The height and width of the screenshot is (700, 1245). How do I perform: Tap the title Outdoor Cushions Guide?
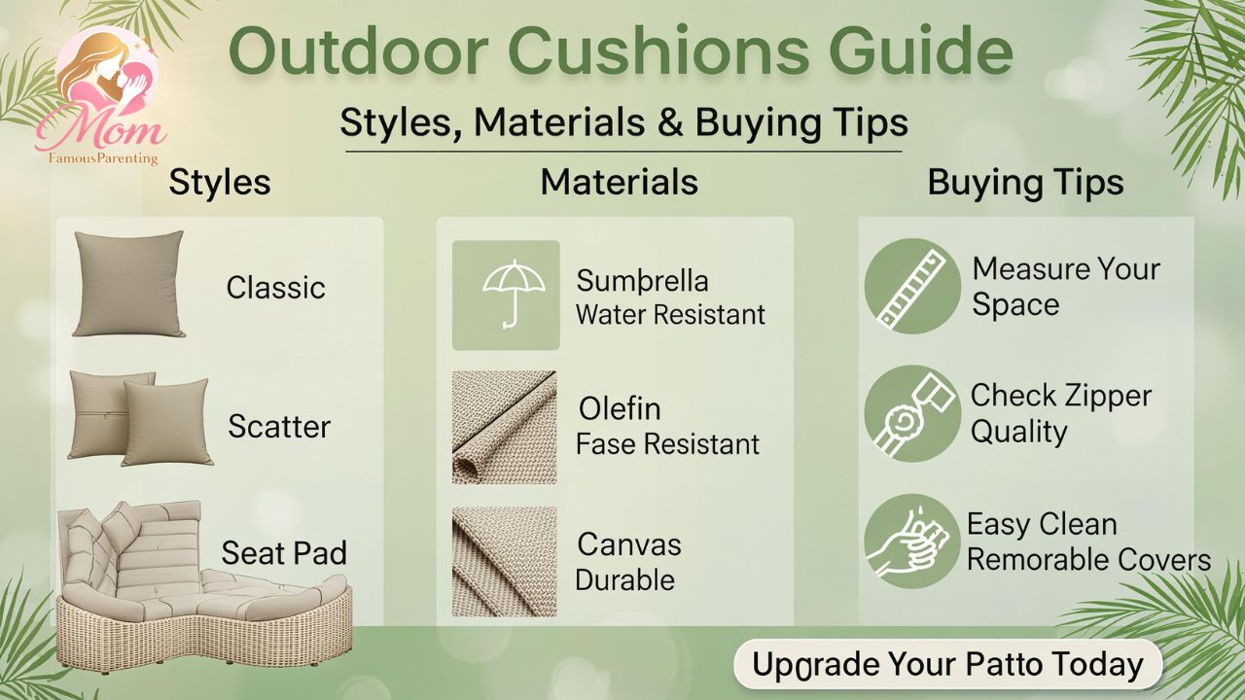coord(621,52)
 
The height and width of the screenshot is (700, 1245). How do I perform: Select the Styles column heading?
coord(220,182)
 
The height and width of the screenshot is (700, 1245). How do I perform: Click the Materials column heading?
coord(619,182)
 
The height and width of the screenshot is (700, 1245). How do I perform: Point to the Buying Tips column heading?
coord(1025,182)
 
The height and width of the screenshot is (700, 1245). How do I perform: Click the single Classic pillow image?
coord(127,284)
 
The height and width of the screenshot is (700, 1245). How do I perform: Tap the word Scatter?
coord(279,426)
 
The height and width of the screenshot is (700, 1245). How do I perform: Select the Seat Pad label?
coord(284,553)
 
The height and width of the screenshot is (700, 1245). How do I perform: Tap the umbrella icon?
coord(506,295)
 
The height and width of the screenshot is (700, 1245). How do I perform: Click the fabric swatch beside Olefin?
coord(504,427)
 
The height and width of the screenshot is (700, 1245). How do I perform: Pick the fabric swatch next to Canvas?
coord(504,562)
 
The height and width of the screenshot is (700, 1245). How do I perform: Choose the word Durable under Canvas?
coord(624,579)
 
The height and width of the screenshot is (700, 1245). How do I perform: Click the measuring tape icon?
coord(912,286)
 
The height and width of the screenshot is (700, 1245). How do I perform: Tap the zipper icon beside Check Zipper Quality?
coord(912,413)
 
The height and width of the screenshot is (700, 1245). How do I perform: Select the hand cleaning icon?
coord(912,542)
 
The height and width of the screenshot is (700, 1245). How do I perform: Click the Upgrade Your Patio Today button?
coord(947,665)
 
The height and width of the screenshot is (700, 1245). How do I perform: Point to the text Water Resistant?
coord(670,314)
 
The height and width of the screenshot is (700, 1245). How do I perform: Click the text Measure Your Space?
coord(1065,286)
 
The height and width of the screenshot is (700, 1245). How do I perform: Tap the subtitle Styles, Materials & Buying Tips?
coord(623,122)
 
